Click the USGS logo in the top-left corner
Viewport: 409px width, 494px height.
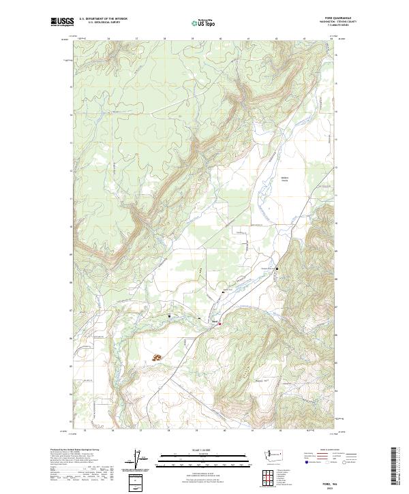pyautogui.click(x=62, y=22)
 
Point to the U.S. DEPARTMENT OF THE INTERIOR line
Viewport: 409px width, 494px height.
pyautogui.click(x=102, y=20)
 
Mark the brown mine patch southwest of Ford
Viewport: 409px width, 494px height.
pyautogui.click(x=157, y=357)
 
